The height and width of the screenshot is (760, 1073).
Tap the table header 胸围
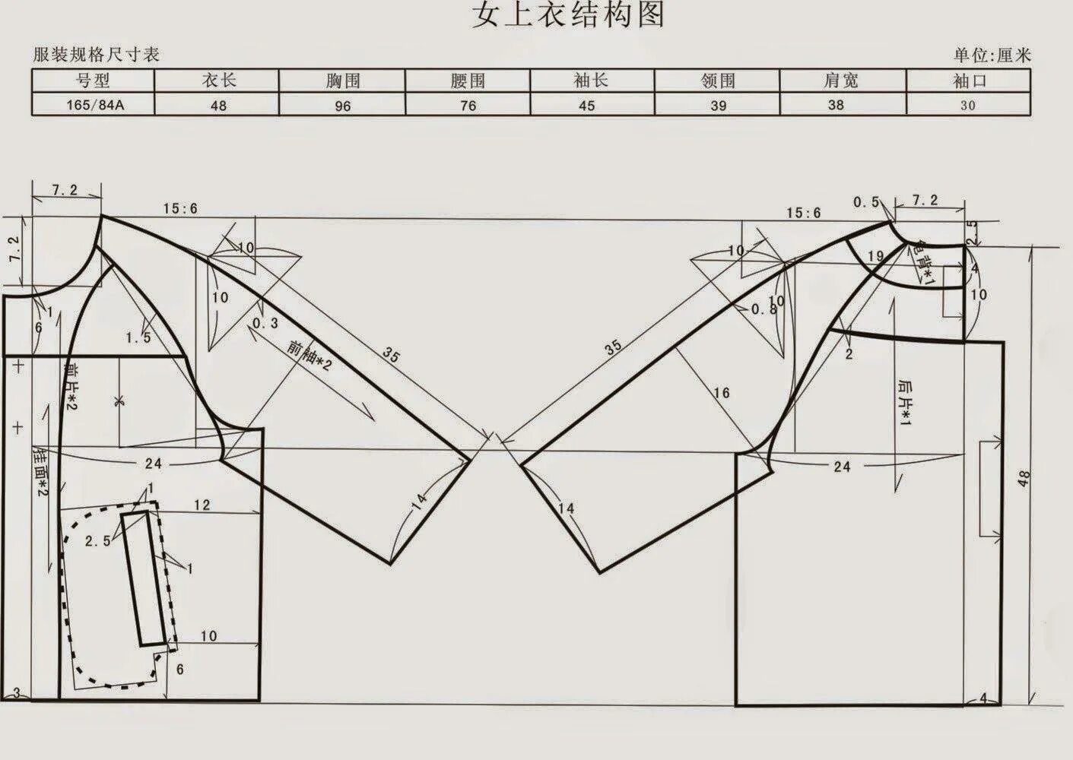pyautogui.click(x=342, y=81)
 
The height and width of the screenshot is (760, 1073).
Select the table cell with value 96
pyautogui.click(x=342, y=106)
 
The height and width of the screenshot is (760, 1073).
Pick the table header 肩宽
pyautogui.click(x=841, y=81)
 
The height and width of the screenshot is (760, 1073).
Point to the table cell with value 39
pyautogui.click(x=718, y=106)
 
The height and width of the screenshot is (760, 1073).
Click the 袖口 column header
pyautogui.click(x=968, y=81)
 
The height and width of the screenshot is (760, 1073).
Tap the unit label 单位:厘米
pyautogui.click(x=992, y=55)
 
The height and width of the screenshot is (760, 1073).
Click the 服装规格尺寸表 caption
pyautogui.click(x=96, y=55)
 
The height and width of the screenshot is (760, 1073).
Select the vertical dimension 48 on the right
pyautogui.click(x=1024, y=479)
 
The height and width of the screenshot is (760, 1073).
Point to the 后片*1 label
pyautogui.click(x=904, y=403)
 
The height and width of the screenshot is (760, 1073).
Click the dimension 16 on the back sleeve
pyautogui.click(x=721, y=393)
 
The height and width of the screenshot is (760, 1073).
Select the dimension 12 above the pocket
pyautogui.click(x=202, y=505)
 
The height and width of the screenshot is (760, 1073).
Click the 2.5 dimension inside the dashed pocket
pyautogui.click(x=97, y=541)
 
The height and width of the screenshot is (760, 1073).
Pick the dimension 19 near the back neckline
pyautogui.click(x=875, y=256)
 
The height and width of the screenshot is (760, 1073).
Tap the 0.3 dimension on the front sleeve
pyautogui.click(x=265, y=323)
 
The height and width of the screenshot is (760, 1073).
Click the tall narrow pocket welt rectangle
pyautogui.click(x=144, y=578)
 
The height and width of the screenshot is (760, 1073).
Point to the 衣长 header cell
pyautogui.click(x=217, y=81)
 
